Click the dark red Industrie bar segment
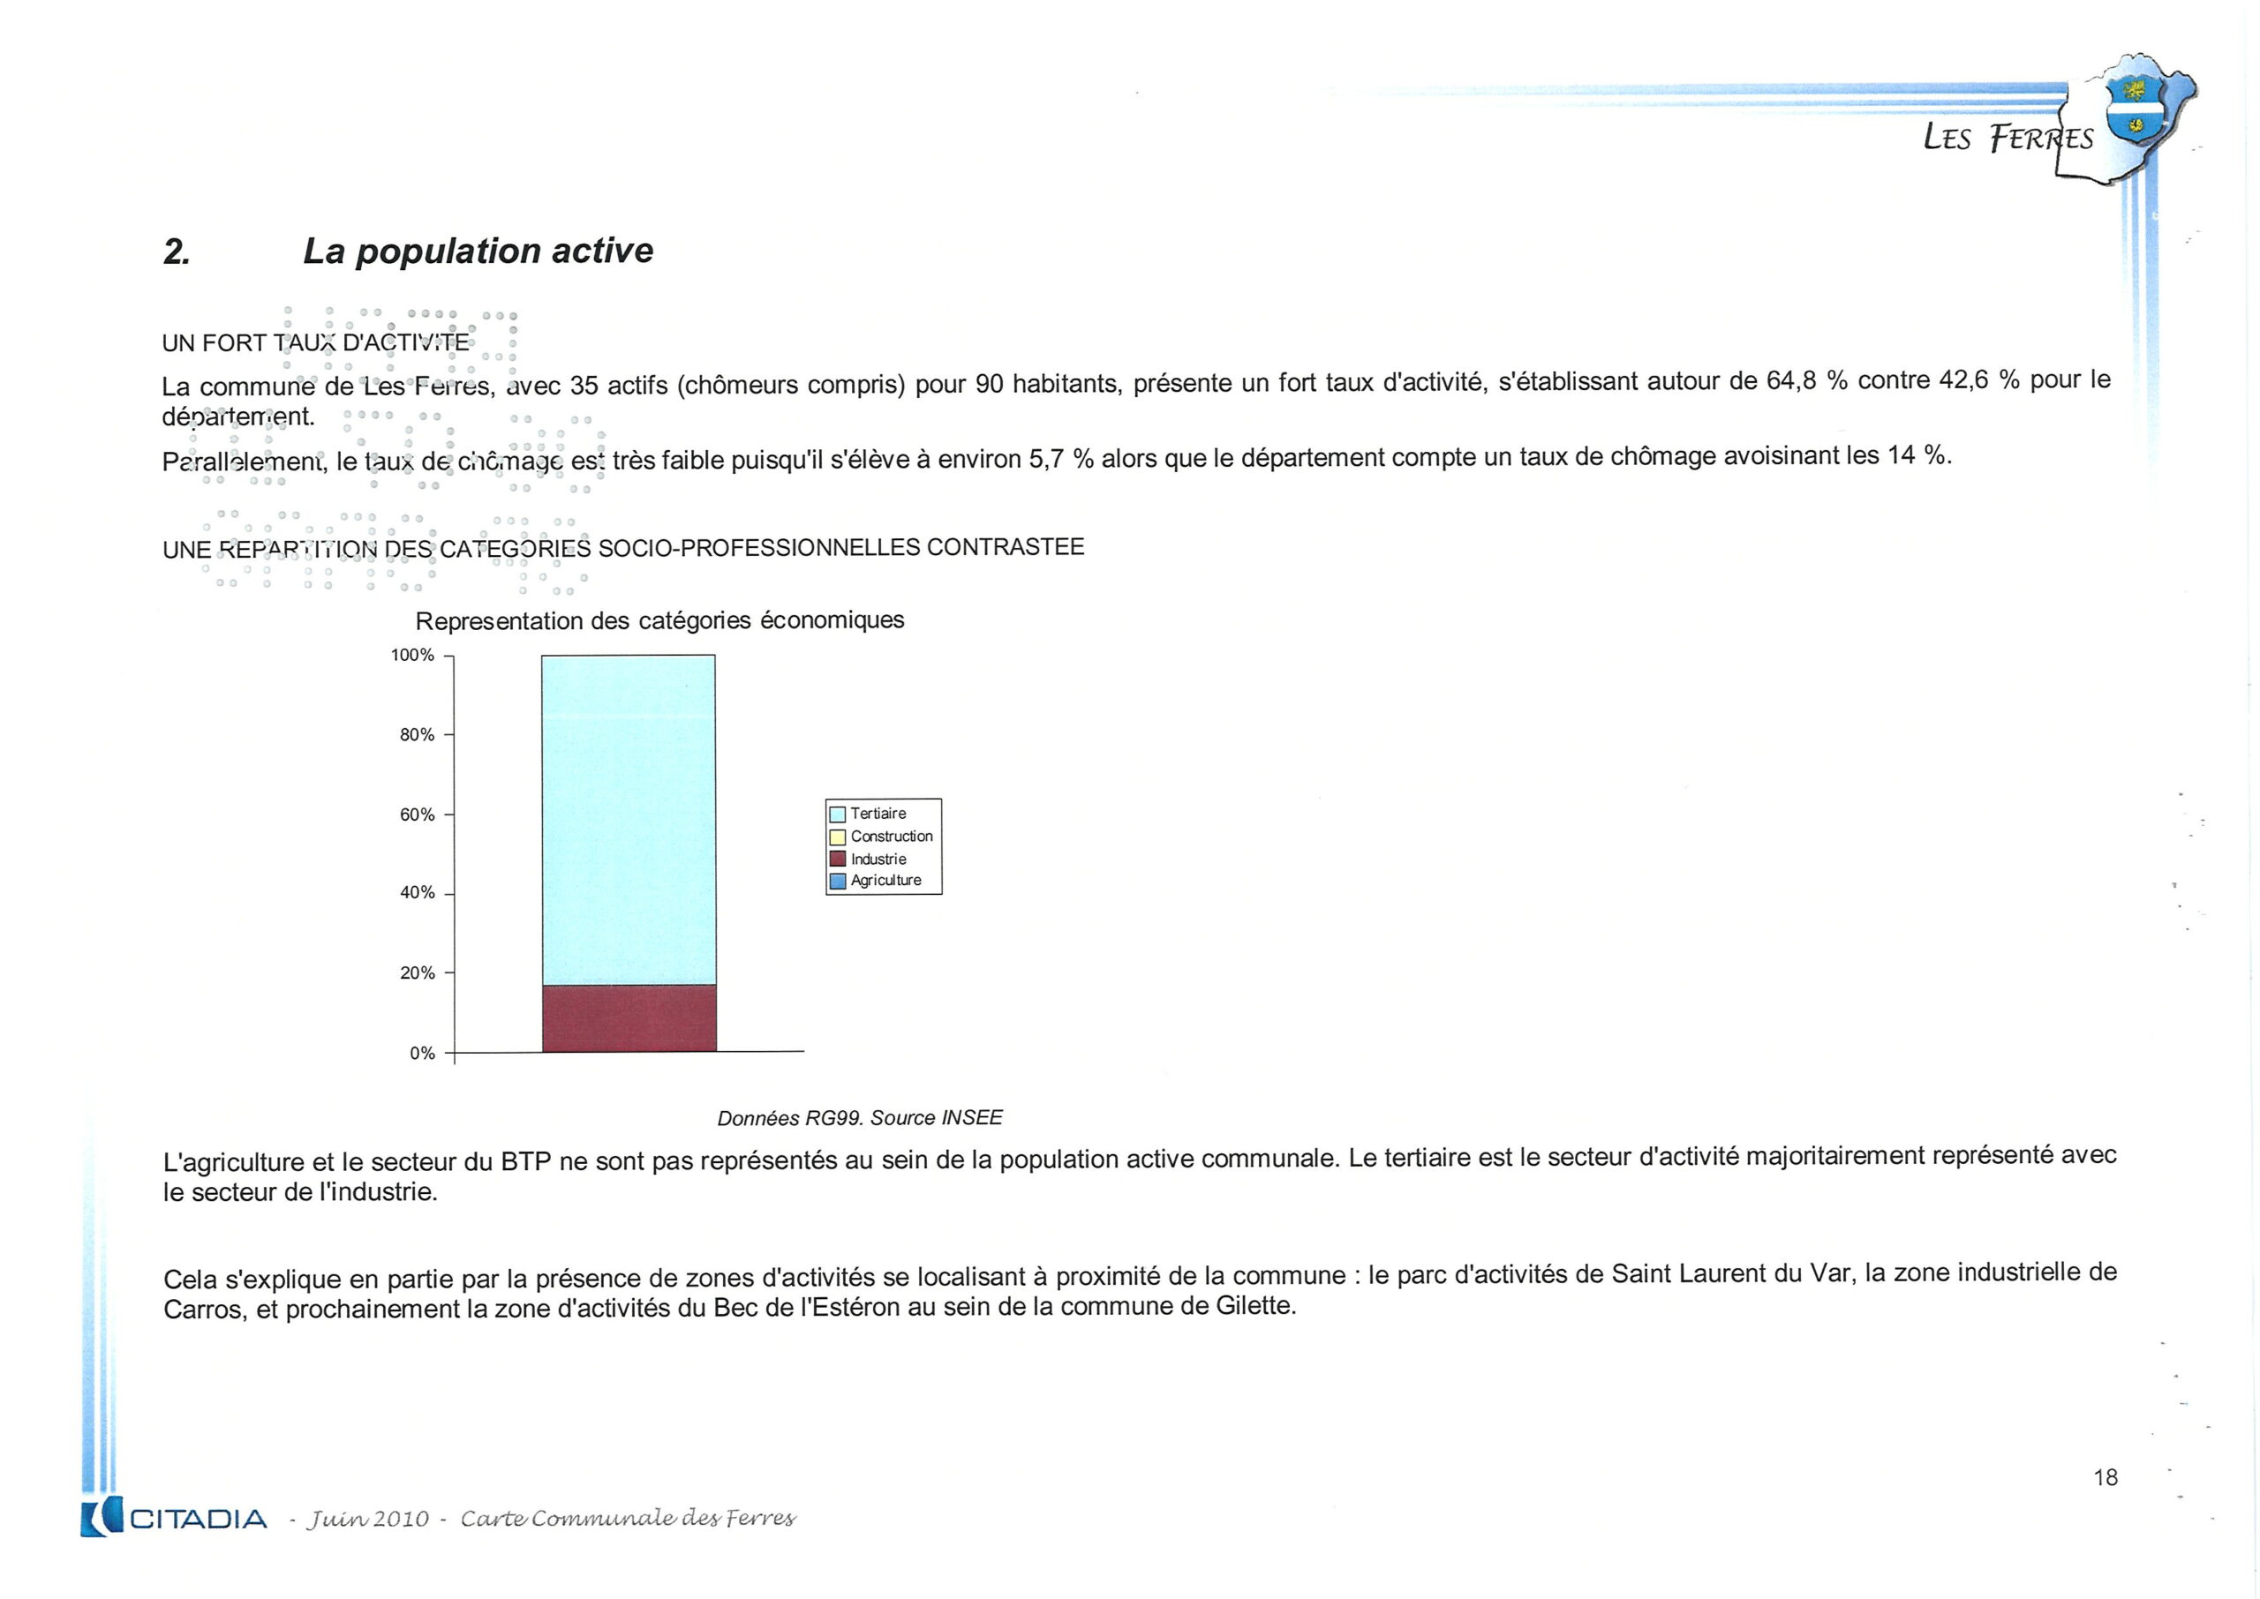click(629, 1018)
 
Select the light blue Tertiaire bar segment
click(629, 819)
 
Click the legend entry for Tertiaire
click(878, 814)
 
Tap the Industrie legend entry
click(878, 859)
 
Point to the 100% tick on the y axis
click(412, 656)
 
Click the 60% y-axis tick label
click(417, 815)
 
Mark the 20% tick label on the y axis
click(417, 972)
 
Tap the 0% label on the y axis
click(421, 1054)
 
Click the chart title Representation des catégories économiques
click(659, 620)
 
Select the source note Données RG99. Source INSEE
click(859, 1117)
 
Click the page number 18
click(2105, 1477)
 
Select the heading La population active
click(478, 251)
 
